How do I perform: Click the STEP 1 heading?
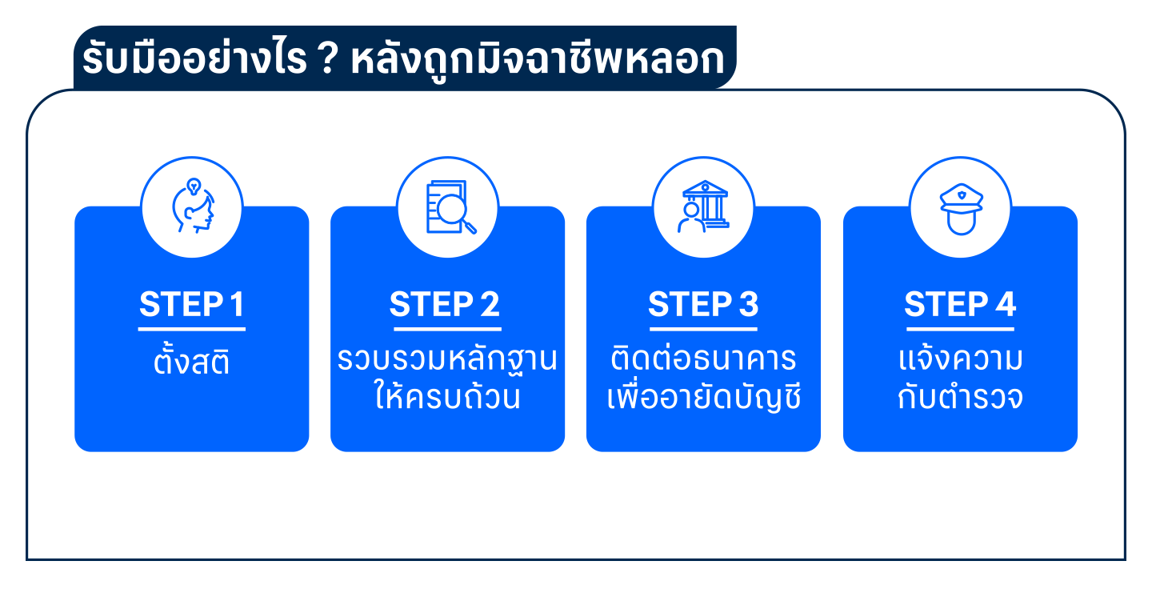point(192,304)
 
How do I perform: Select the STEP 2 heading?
point(445,304)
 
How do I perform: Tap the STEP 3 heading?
point(703,304)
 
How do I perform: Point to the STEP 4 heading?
point(960,304)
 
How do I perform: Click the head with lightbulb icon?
point(193,206)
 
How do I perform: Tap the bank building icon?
point(703,206)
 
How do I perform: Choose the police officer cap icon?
point(962,208)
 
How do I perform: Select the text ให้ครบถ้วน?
point(447,395)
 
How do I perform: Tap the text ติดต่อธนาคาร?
point(703,358)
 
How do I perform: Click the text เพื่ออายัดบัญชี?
point(703,396)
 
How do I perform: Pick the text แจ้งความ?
point(960,358)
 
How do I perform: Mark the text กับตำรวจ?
point(960,396)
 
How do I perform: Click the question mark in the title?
point(328,58)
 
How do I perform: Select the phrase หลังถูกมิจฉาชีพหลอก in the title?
point(538,60)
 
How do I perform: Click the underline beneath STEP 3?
point(703,329)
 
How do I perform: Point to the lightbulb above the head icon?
point(194,186)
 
